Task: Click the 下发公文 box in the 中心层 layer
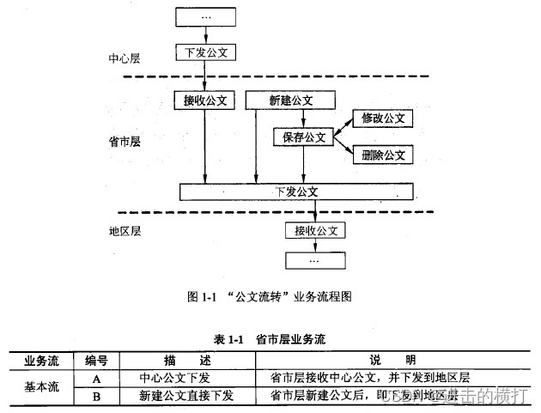pos(204,52)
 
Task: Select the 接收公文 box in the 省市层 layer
pos(204,100)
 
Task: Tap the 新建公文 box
pos(289,100)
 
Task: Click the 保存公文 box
pos(304,137)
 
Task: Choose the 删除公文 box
pos(382,155)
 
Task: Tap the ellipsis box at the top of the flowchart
pos(204,16)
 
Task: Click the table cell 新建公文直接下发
pos(185,396)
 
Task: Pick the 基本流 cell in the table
pos(41,386)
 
